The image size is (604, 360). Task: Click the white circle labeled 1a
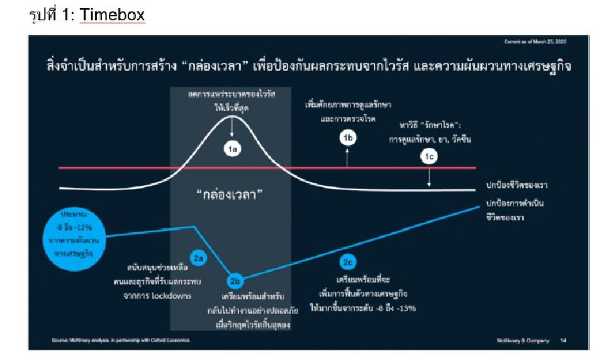232,149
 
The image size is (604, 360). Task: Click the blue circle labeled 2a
199,258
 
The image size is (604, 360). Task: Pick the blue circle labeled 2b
235,281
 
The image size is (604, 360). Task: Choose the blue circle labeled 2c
348,261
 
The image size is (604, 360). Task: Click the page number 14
562,340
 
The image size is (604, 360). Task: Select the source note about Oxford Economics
121,340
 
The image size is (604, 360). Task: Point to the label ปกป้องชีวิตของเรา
517,185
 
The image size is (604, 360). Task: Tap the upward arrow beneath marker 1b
347,157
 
